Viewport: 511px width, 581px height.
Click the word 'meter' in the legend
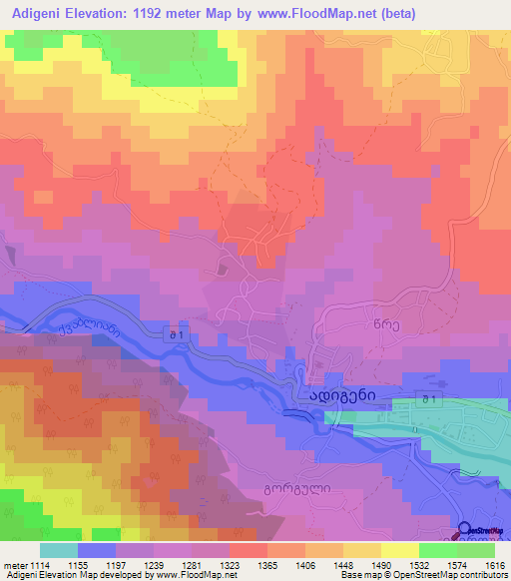point(15,564)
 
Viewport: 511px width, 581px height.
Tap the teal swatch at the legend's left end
point(58,550)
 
